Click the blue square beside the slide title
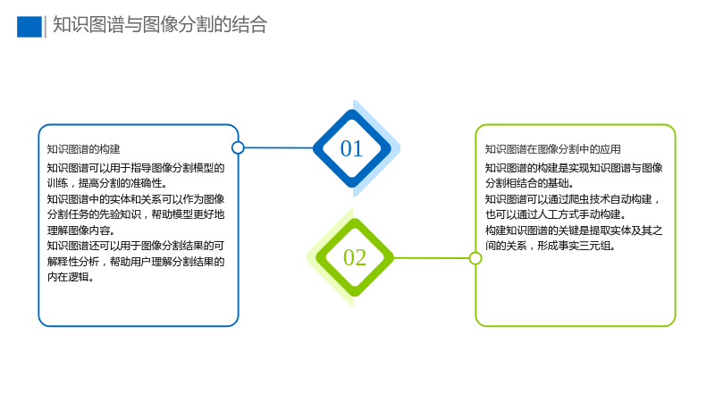click(29, 27)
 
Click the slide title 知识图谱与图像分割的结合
click(160, 25)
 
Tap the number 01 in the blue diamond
click(351, 148)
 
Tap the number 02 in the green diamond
click(355, 257)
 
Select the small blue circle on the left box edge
click(238, 147)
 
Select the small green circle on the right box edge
click(475, 258)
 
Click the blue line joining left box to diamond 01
click(279, 147)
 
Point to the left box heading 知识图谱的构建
click(83, 149)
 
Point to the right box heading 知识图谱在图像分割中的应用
click(552, 149)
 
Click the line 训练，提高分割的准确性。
click(107, 183)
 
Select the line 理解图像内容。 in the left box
click(81, 230)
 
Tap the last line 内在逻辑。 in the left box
click(71, 277)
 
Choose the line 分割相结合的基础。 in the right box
click(529, 183)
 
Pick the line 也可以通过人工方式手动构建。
click(555, 214)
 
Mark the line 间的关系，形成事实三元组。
click(551, 246)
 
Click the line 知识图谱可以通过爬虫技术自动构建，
click(573, 199)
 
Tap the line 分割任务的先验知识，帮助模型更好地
click(136, 214)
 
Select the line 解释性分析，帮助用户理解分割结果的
click(136, 261)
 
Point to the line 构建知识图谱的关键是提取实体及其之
click(574, 230)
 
